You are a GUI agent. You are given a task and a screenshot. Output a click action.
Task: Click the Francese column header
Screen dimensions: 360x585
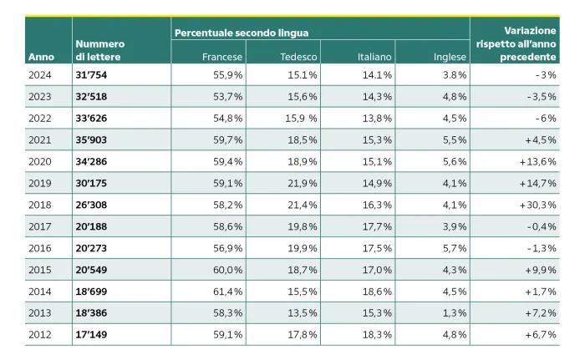222,57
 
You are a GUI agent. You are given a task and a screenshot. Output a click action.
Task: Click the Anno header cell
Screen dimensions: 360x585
41,57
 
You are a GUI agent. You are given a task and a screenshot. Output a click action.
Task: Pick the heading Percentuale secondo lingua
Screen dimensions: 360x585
242,33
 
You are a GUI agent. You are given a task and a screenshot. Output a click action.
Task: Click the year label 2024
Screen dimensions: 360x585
40,75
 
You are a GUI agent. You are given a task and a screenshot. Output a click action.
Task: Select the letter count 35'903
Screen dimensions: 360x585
91,139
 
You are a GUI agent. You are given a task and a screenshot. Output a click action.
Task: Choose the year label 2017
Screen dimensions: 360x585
40,226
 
